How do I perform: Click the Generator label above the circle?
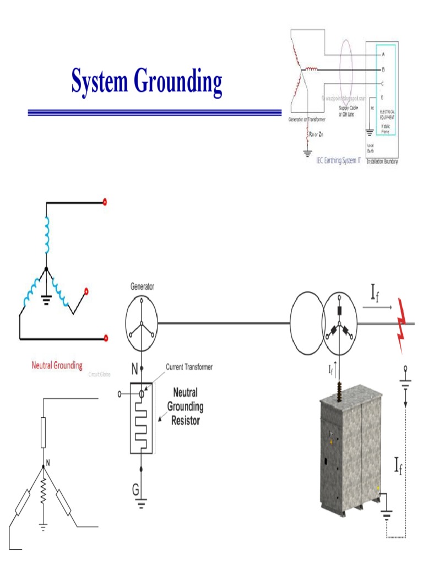142,286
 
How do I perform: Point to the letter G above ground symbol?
134,489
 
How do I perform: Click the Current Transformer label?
189,367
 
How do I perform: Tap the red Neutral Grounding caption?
57,365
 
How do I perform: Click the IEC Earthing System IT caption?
339,161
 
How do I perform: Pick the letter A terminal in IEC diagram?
383,55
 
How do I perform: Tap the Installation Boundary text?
382,161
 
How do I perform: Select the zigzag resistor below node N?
43,494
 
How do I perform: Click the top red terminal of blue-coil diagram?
105,202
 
